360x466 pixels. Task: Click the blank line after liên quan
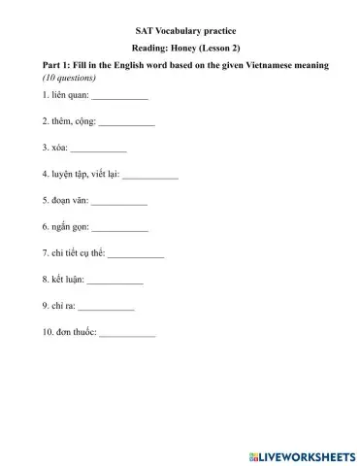tap(118, 99)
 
